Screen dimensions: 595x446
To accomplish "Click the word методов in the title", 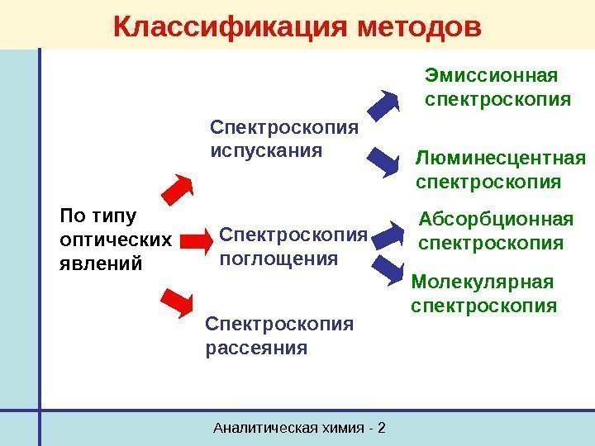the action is [421, 26].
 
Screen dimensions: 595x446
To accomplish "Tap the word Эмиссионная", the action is [491, 77].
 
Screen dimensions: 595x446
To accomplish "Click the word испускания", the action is [267, 152].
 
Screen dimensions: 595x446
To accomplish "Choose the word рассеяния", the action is [255, 348].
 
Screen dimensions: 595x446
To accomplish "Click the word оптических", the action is [117, 240].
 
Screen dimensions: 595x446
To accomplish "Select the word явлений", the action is [102, 263].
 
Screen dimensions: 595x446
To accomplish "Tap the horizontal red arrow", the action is [197, 241].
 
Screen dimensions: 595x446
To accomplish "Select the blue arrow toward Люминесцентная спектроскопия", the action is [383, 162].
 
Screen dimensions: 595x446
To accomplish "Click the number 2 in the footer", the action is [383, 428].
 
